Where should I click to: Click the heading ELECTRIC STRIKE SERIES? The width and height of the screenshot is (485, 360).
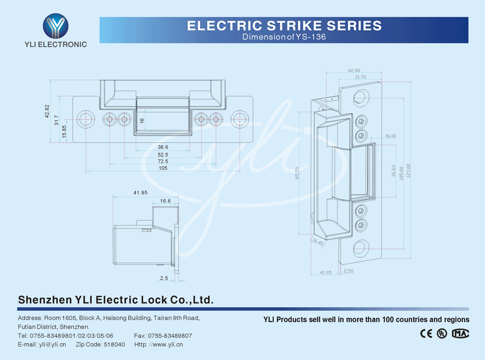coord(284,25)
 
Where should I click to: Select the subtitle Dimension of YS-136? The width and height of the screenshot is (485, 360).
coord(284,37)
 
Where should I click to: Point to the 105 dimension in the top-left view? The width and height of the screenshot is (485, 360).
coord(163,168)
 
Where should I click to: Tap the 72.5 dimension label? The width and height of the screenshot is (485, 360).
coord(163,161)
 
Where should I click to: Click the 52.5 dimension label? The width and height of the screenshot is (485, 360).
coord(163,154)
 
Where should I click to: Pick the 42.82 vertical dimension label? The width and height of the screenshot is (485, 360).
coord(47,111)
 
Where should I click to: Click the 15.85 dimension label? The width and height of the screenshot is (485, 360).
coord(65,131)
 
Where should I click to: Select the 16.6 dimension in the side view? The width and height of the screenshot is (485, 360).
coord(165,201)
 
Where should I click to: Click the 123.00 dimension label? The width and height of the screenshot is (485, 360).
coord(408,173)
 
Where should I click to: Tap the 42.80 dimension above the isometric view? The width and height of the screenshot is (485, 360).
coord(354,70)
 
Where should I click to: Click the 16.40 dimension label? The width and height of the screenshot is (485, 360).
coord(317,243)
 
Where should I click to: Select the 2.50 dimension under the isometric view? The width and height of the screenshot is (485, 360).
coord(348,271)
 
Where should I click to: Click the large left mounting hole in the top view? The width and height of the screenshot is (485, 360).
coord(85,119)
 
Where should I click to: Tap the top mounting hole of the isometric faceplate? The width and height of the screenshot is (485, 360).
coord(361,98)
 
